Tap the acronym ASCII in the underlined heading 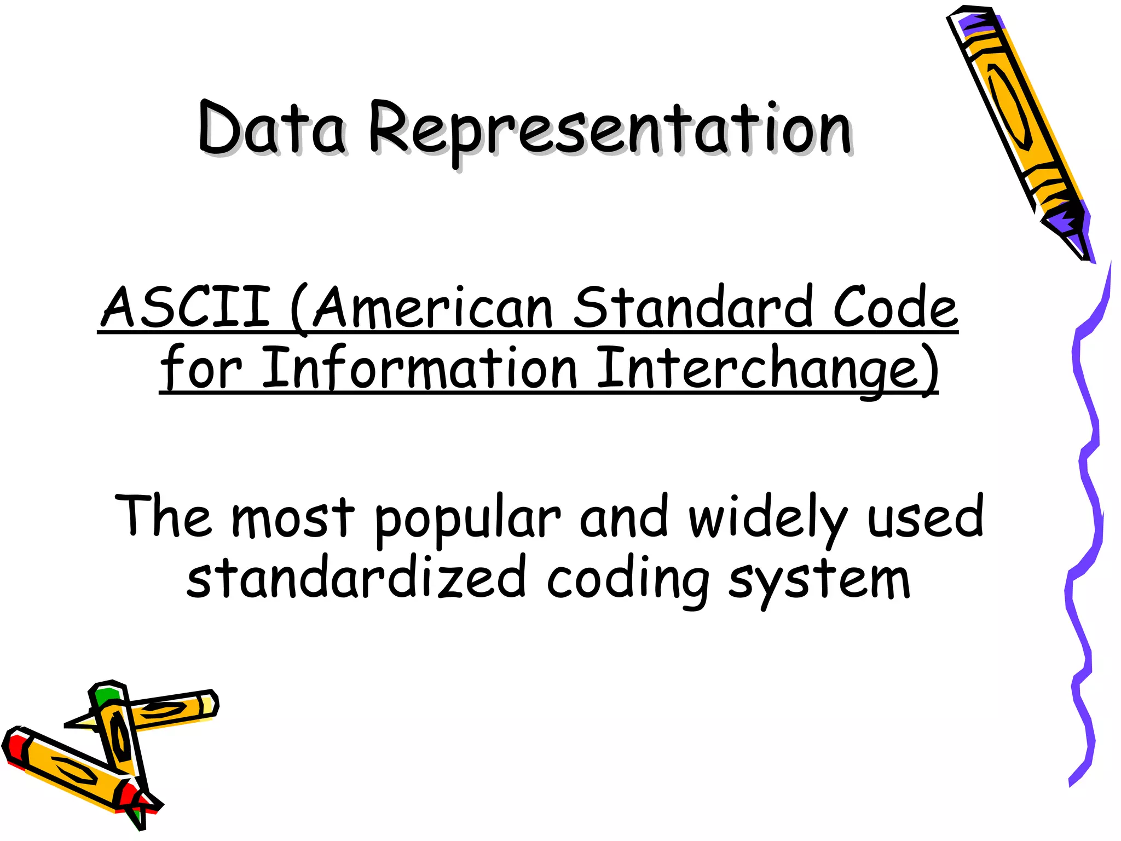click(186, 308)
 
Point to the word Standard click(692, 308)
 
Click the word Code click(895, 308)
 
